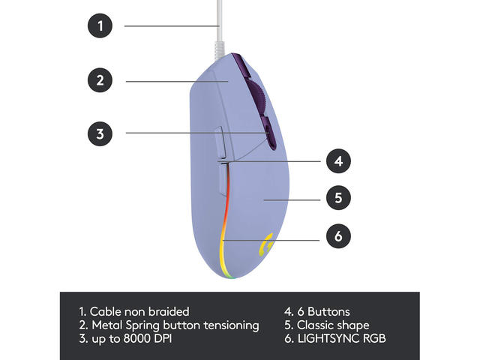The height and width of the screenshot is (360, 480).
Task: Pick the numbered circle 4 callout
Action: pos(338,160)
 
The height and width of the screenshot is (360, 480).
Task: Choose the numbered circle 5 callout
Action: pos(338,199)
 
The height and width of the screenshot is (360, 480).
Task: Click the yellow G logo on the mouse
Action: pos(265,244)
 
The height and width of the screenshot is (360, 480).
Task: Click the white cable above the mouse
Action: pos(218,30)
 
